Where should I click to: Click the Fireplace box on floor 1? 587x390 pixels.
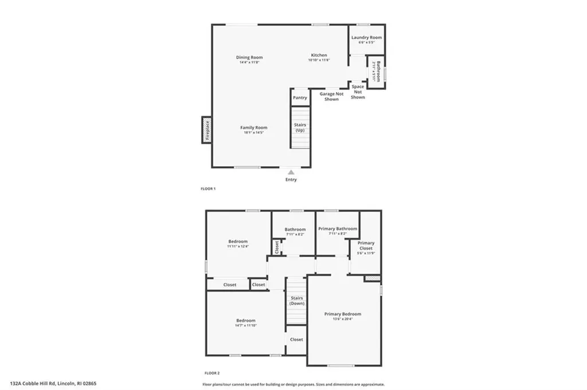(x=207, y=129)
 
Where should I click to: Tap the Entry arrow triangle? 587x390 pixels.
(x=291, y=172)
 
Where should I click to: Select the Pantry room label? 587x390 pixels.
(x=300, y=98)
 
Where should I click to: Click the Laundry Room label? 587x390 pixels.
(x=366, y=38)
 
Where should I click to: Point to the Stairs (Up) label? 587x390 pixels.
(x=300, y=127)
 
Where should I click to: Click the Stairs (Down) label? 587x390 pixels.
(x=296, y=301)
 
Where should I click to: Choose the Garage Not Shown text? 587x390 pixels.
(x=331, y=96)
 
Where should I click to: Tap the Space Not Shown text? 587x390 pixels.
(x=358, y=92)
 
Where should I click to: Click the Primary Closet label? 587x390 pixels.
(x=366, y=245)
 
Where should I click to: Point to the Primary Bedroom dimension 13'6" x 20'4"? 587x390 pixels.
(x=343, y=320)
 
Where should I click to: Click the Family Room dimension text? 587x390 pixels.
(x=253, y=133)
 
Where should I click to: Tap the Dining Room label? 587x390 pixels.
(x=249, y=57)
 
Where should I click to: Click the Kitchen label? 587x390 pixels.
(x=319, y=56)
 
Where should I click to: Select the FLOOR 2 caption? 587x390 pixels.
(x=212, y=372)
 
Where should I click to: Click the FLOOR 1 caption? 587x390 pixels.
(x=208, y=188)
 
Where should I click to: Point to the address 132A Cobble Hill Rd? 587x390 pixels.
(x=57, y=384)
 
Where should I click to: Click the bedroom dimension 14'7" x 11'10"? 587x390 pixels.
(x=245, y=325)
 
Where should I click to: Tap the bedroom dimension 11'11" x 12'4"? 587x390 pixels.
(x=238, y=247)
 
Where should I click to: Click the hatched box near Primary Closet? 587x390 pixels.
(x=373, y=278)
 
